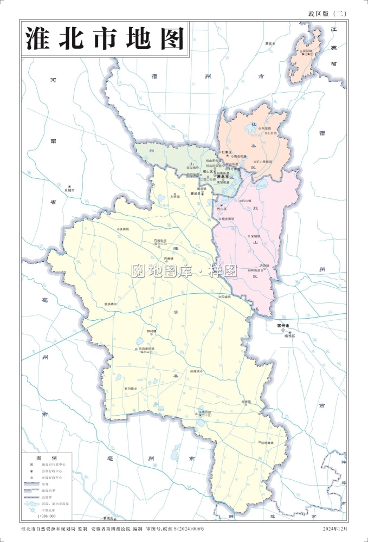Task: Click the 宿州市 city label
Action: [x=283, y=325]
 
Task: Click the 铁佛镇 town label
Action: [x=124, y=229]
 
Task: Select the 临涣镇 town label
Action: [x=110, y=304]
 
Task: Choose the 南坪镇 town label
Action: [x=247, y=402]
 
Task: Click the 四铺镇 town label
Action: [x=225, y=297]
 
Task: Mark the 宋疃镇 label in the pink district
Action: [x=256, y=237]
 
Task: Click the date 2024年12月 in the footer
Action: [x=335, y=528]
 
